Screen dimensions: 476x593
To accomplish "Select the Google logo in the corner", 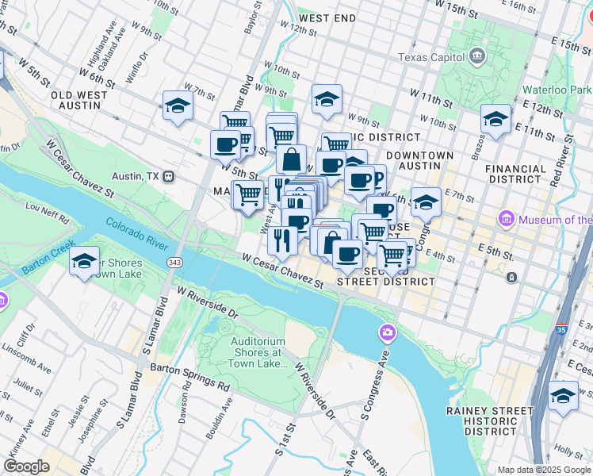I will pos(26,466).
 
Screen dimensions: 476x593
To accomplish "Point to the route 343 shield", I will pos(173,261).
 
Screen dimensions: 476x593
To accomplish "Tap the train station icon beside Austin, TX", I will pos(168,176).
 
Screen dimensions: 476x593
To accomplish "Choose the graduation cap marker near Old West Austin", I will pos(178,107).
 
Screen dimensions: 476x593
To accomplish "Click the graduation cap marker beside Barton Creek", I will pos(84,262).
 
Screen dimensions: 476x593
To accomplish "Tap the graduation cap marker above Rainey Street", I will pos(564,395).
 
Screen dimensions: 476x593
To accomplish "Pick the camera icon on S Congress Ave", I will pos(388,332).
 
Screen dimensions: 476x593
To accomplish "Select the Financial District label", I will pos(515,174).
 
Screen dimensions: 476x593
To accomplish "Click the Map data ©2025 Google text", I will pos(544,469).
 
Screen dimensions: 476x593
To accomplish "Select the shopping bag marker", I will pos(291,159).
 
